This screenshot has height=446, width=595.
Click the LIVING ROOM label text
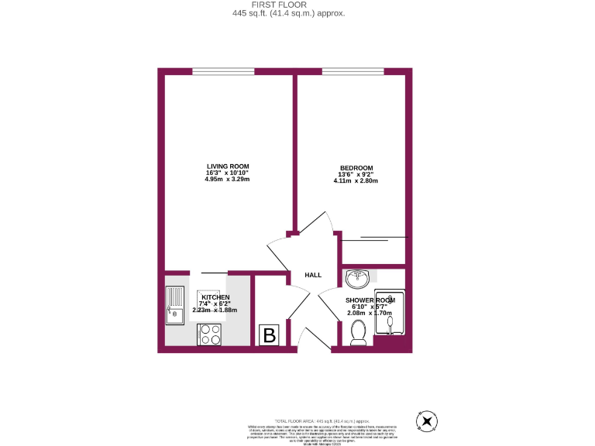(x=227, y=166)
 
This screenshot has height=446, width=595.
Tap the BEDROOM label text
(x=356, y=168)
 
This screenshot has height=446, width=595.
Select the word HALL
(x=313, y=275)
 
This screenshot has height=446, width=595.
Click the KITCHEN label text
(x=215, y=297)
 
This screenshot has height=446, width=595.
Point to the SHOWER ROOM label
(x=370, y=300)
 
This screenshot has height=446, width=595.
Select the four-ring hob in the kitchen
(x=210, y=334)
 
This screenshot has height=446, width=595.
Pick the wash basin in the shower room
(x=359, y=276)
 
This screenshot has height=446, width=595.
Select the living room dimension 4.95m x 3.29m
(x=227, y=180)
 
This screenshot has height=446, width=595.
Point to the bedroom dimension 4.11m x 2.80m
(x=356, y=181)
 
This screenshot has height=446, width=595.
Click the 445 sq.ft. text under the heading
(x=288, y=13)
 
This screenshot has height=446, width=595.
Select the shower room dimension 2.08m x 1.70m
(x=370, y=313)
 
